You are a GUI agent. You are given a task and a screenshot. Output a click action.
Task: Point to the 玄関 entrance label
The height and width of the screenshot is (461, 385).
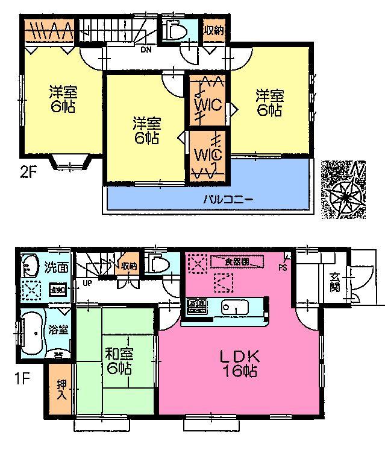pyautogui.click(x=335, y=284)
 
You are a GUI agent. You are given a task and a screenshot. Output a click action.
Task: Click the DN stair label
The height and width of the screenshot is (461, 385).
pyautogui.click(x=146, y=50)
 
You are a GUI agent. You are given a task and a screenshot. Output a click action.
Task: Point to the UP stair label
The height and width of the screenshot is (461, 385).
pyautogui.click(x=88, y=282)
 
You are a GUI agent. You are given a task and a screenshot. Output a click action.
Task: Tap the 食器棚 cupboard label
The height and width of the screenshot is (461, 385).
pyautogui.click(x=237, y=261)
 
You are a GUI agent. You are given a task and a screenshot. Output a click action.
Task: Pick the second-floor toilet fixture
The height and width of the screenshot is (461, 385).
pyautogui.click(x=177, y=31)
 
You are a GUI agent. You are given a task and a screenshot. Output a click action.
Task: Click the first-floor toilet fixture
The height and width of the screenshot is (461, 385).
pyautogui.click(x=158, y=264)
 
